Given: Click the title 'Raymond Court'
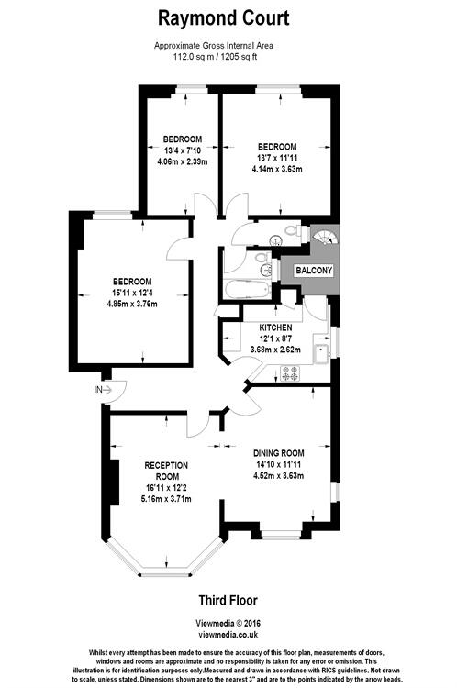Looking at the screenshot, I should tap(224, 17).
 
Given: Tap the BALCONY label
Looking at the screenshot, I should tap(313, 271).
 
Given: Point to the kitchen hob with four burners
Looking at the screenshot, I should tap(292, 372).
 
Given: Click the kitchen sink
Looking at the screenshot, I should tap(321, 350).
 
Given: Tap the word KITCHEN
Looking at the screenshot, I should tap(275, 327).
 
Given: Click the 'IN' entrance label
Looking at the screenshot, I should tap(98, 389).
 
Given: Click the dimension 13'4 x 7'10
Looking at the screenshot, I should tap(184, 151).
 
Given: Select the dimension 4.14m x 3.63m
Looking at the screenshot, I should tap(277, 169).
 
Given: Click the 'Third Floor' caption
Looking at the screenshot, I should tap(228, 601).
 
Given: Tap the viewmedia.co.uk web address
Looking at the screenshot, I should tap(228, 633).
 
